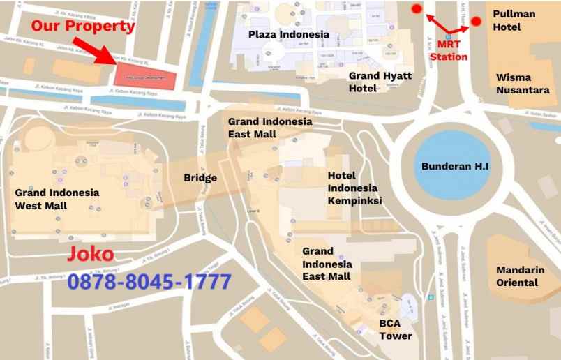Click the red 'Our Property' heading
(82, 27)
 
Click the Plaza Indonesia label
(289, 34)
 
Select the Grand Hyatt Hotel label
(380, 81)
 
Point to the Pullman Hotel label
(514, 20)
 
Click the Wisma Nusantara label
(523, 84)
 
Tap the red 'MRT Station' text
(449, 50)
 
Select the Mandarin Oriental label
(517, 276)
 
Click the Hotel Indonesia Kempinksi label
(352, 188)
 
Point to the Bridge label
(200, 177)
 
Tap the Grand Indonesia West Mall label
(57, 199)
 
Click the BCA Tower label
(396, 329)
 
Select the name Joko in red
(90, 255)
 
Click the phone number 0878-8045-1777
(149, 282)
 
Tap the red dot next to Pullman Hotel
(476, 22)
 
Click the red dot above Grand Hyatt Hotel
(417, 9)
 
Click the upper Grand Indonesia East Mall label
(270, 128)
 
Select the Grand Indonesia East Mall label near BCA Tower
(327, 263)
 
